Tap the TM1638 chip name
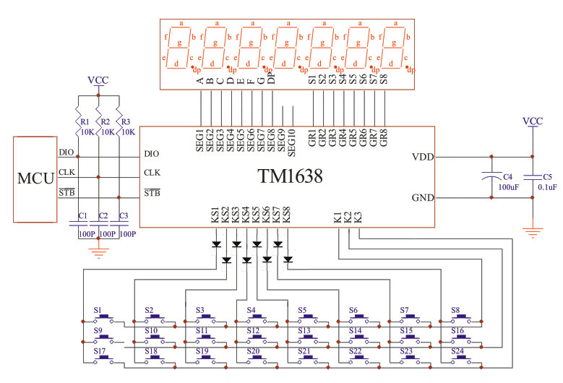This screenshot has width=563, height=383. (290, 176)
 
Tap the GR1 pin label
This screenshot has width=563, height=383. (313, 138)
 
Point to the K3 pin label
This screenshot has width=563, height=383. (358, 215)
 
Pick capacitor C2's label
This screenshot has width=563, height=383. (103, 215)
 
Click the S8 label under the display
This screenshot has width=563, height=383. (383, 79)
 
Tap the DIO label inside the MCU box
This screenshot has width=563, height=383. (66, 152)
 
